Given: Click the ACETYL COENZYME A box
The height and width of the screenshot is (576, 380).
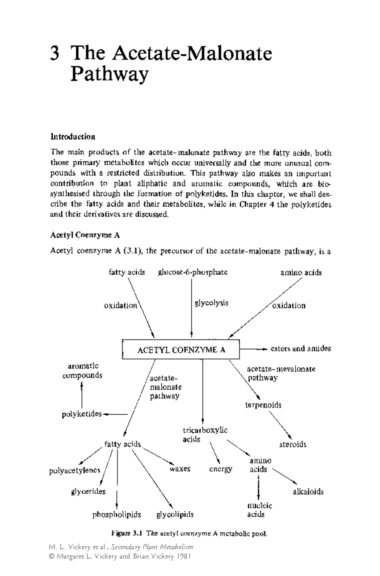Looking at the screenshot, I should click(181, 349).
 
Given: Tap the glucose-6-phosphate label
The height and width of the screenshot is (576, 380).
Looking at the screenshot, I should click(193, 272).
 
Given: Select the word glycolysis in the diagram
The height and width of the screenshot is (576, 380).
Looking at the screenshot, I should click(211, 303).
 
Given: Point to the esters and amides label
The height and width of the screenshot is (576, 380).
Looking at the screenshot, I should click(301, 348).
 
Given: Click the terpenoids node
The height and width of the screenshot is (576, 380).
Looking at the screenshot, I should click(263, 405).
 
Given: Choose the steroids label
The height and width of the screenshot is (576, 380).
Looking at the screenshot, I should click(293, 444).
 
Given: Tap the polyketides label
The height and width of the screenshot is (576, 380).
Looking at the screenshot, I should click(82, 414).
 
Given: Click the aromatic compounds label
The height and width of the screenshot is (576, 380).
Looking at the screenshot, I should click(82, 371).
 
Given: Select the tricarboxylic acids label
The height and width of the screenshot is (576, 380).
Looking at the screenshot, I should click(205, 435).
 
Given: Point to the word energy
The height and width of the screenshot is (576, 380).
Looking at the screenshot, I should click(221, 469).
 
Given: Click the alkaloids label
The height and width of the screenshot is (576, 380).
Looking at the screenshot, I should click(308, 491).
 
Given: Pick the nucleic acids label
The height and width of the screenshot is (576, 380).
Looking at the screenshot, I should click(259, 510).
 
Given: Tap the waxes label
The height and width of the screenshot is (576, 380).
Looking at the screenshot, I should click(180, 469).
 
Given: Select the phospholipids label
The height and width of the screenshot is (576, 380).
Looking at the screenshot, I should click(117, 515).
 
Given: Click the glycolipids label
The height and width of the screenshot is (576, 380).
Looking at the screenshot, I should click(175, 515).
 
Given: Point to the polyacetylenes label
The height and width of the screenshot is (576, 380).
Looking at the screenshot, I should click(75, 471).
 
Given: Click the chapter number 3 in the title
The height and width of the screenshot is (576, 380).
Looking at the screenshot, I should click(54, 53).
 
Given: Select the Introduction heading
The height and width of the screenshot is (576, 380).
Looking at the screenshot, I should click(73, 137).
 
